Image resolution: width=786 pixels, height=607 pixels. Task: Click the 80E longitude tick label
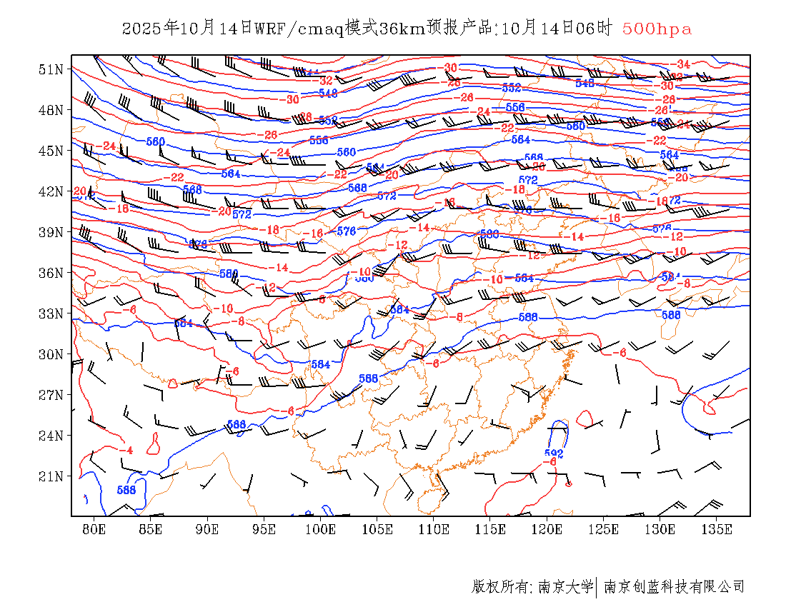click(94, 529)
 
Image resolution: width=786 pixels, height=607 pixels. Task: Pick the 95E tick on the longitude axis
click(264, 529)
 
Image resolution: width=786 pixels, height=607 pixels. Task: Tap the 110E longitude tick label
click(434, 529)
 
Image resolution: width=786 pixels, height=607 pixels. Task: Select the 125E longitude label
click(604, 529)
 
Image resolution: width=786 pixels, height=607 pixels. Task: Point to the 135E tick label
click(717, 529)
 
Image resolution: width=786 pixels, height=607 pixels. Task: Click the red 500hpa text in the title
click(657, 29)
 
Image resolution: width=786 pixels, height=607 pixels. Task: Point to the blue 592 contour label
click(554, 453)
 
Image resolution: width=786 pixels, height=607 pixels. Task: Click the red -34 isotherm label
click(682, 64)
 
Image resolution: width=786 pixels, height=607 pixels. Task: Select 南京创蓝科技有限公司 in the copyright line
click(674, 587)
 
